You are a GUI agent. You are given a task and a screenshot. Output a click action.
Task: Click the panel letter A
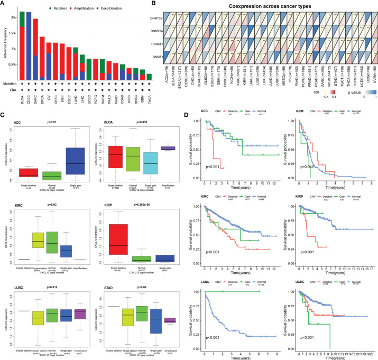tap(4, 4)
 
